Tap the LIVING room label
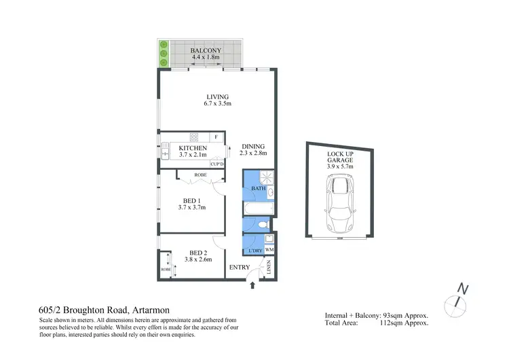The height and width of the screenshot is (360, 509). tap(218, 96)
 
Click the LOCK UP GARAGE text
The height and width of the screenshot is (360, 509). tap(340, 158)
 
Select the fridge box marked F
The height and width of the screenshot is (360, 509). tap(216, 137)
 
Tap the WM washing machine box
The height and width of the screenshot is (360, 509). tap(269, 251)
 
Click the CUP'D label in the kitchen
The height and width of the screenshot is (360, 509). tap(217, 164)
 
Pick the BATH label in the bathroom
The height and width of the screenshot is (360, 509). tap(257, 188)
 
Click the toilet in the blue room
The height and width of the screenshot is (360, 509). tap(265, 225)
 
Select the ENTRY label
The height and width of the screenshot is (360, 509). tap(239, 267)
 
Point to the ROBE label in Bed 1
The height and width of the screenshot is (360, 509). tap(200, 175)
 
